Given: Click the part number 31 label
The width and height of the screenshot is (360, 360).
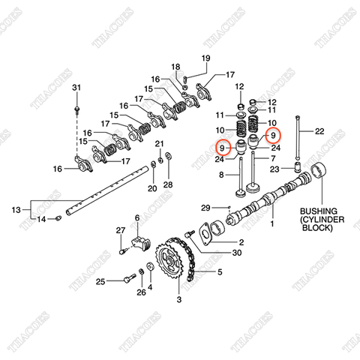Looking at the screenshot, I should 75,89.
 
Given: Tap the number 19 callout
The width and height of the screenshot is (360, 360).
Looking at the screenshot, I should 205,60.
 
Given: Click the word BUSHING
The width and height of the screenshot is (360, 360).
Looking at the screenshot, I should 319,211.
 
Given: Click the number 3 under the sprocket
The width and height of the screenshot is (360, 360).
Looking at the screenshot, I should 178,300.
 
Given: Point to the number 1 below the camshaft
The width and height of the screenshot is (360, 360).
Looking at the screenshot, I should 272,223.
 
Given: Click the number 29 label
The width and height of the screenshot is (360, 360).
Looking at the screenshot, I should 205,207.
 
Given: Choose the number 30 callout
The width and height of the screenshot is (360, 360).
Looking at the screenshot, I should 237,253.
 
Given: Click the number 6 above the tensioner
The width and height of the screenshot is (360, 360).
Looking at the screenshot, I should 137,218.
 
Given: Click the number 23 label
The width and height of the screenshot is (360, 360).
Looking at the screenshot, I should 274,171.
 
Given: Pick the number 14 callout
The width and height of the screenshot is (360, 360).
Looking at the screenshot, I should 42,219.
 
